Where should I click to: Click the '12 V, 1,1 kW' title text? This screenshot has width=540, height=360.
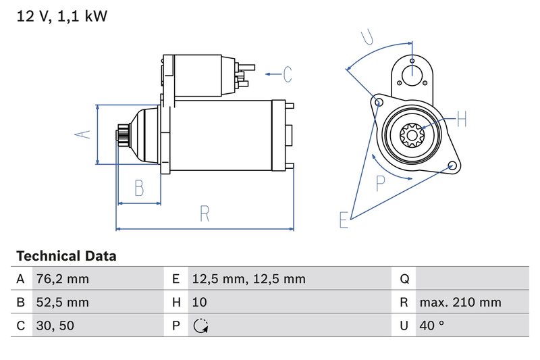coord(61,16)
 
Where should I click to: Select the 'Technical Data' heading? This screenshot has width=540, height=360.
coord(66,256)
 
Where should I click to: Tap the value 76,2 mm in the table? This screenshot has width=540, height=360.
coord(63,279)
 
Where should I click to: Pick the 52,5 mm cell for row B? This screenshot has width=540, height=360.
coord(63,303)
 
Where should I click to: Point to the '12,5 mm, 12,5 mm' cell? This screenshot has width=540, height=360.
coord(248,279)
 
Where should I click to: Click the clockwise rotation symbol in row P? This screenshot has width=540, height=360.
coord(200,326)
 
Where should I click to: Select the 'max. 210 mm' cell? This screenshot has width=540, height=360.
coord(460,303)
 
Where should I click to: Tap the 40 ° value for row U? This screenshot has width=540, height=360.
coord(431,326)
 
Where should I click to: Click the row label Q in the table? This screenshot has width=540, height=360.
coord(404,279)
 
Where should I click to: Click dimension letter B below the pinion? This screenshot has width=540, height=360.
coord(139,188)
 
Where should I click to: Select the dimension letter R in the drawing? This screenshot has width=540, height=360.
coord(205,214)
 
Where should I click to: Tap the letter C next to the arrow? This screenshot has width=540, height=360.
coord(287,74)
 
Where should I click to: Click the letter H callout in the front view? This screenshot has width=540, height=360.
coord(462,120)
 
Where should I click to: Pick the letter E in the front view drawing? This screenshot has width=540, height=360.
coord(344,220)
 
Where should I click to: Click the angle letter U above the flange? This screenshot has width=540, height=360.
coord(367,36)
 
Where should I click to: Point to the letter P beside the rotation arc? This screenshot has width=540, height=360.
coord(381,182)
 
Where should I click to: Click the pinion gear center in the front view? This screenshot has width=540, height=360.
coord(410,135)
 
